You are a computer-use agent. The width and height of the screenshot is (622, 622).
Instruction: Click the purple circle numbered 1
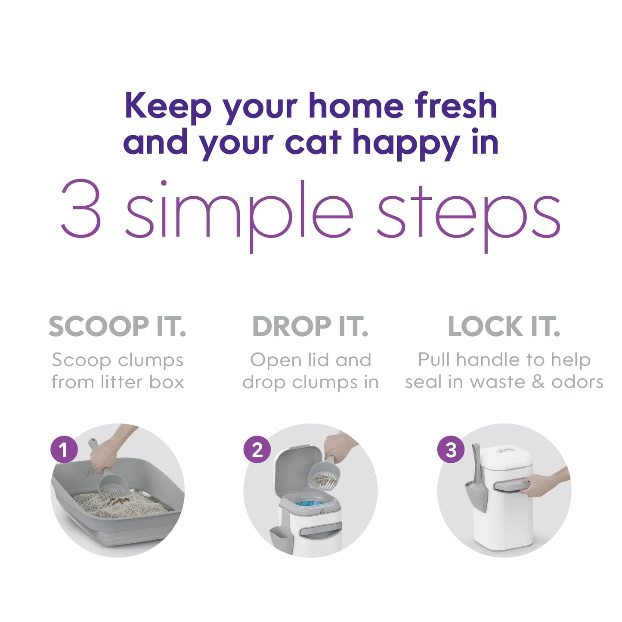pos(64,449)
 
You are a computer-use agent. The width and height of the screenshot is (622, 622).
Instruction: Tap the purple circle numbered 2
pos(257,449)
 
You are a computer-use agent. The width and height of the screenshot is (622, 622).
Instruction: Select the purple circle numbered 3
pos(451,449)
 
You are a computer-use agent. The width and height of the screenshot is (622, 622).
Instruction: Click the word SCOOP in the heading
pos(98,326)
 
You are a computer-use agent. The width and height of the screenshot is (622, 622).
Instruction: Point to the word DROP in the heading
pos(291,326)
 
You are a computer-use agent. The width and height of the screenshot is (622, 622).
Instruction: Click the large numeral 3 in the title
pos(80,208)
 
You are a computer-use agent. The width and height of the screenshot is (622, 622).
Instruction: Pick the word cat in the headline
pos(313,142)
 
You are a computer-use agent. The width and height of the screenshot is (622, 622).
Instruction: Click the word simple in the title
pos(239,216)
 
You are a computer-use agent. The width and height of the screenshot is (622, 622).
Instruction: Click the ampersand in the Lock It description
pos(538,382)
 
